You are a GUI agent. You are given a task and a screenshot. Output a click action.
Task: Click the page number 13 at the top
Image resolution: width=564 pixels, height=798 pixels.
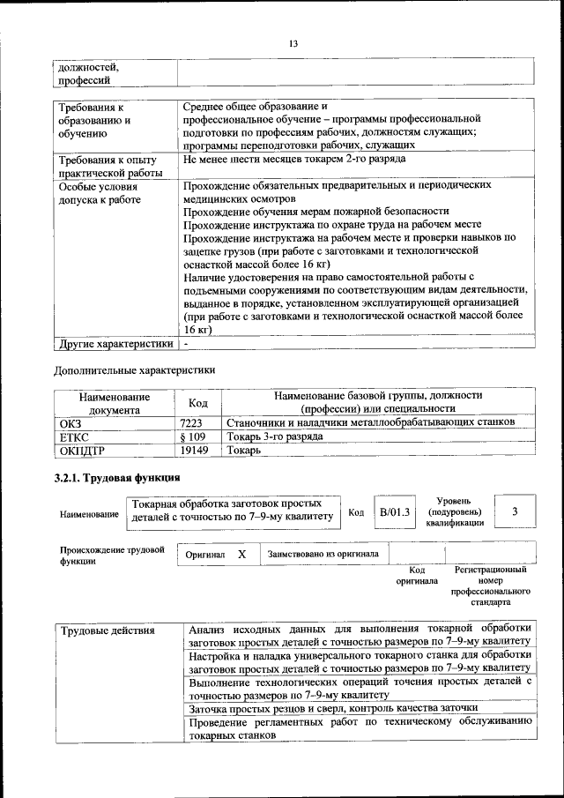coord(293,43)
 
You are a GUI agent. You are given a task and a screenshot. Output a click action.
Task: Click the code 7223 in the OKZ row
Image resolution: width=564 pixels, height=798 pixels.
coord(191,423)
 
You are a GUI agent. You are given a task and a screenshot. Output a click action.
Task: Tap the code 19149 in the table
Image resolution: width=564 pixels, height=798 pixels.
coord(193,450)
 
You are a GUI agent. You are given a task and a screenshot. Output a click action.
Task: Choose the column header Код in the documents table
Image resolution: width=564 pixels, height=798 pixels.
coord(198,403)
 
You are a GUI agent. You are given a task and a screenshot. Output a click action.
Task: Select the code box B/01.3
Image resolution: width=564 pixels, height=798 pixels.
coord(395,511)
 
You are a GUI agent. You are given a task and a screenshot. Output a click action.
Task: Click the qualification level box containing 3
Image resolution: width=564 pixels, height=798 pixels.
coord(515,511)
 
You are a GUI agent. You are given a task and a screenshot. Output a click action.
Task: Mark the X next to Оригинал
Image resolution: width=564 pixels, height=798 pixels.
coord(241,555)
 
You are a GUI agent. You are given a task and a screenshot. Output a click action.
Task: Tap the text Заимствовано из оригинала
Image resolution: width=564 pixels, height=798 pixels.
coord(323,555)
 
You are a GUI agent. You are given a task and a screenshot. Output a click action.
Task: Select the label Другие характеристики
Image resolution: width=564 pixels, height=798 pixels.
coord(115,342)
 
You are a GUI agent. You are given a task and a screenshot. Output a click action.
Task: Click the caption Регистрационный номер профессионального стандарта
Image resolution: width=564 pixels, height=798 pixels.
coord(490,587)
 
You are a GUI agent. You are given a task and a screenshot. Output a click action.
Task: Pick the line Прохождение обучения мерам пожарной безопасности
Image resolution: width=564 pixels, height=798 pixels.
coord(315,212)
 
